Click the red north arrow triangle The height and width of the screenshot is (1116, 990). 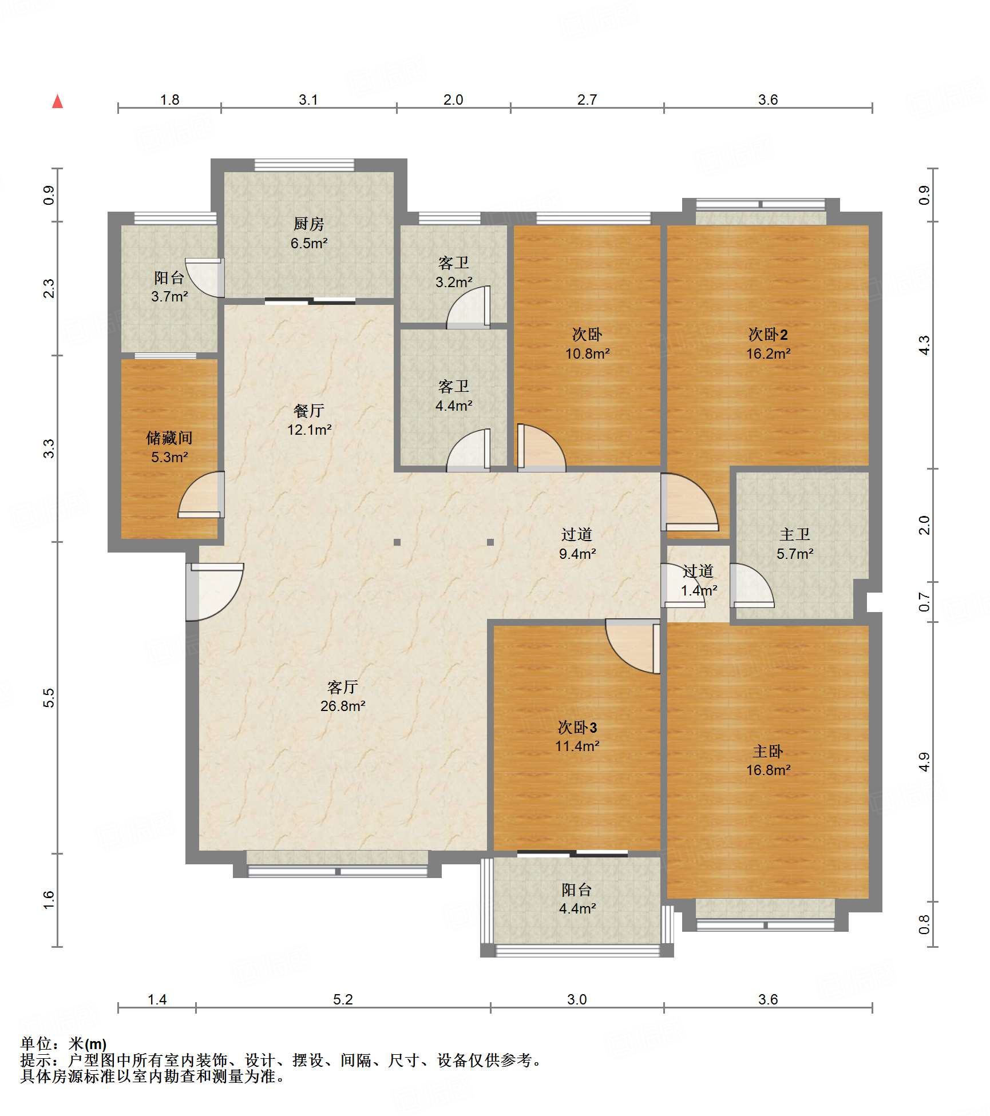pyautogui.click(x=57, y=101)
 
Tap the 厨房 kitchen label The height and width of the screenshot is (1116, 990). pyautogui.click(x=308, y=224)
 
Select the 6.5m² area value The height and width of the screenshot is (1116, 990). pyautogui.click(x=308, y=243)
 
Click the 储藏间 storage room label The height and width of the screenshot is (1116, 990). pyautogui.click(x=169, y=438)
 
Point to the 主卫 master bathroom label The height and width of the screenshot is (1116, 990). pyautogui.click(x=795, y=534)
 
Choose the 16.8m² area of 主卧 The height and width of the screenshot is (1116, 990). pyautogui.click(x=768, y=770)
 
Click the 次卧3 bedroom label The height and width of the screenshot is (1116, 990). pyautogui.click(x=577, y=727)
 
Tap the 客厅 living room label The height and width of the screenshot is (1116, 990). pyautogui.click(x=343, y=686)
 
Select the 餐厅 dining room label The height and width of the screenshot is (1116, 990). pyautogui.click(x=309, y=410)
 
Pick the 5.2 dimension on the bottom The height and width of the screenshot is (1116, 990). pyautogui.click(x=343, y=999)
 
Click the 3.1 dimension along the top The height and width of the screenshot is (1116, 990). pyautogui.click(x=308, y=100)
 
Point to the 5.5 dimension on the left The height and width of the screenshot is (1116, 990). pyautogui.click(x=49, y=698)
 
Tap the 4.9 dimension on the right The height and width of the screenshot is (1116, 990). pyautogui.click(x=924, y=762)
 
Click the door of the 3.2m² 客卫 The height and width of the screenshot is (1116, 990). pyautogui.click(x=468, y=307)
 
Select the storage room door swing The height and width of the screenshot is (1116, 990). pyautogui.click(x=201, y=495)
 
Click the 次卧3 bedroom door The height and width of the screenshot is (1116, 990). pyautogui.click(x=633, y=646)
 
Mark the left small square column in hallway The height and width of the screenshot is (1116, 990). pyautogui.click(x=397, y=542)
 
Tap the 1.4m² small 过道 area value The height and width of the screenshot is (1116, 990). pyautogui.click(x=699, y=590)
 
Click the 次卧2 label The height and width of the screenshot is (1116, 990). pyautogui.click(x=768, y=334)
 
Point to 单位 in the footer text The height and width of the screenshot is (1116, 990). pyautogui.click(x=36, y=1044)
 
